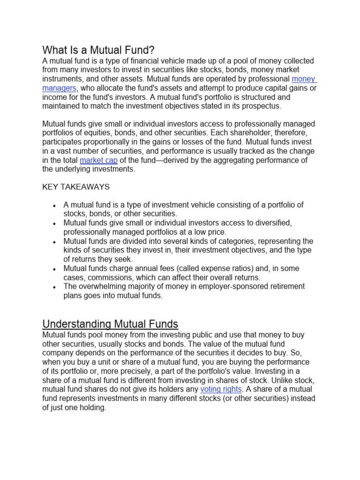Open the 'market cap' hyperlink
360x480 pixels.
(x=98, y=160)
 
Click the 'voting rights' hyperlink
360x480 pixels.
(x=221, y=389)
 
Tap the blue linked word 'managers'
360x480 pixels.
(x=59, y=88)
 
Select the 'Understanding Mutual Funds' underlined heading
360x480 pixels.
(x=110, y=324)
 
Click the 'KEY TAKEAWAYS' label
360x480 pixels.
(x=76, y=187)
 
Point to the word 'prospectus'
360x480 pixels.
(x=263, y=106)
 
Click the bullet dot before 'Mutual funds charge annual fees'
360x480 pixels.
(x=55, y=269)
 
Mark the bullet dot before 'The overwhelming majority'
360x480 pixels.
(x=55, y=287)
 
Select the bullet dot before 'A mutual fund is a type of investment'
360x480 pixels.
(x=55, y=206)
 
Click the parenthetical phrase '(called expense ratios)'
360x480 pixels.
(x=191, y=269)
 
